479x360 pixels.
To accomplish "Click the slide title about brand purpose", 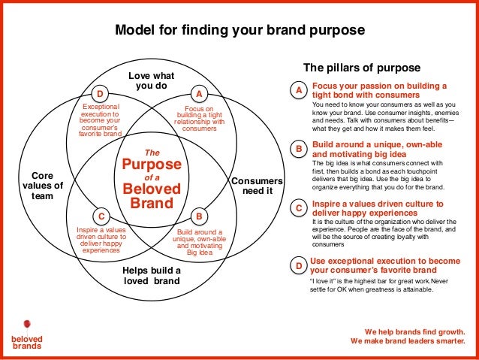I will click(x=239, y=31).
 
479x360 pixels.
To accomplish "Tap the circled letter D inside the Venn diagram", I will click(x=98, y=94).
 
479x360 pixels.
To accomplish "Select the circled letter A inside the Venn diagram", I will click(x=199, y=94).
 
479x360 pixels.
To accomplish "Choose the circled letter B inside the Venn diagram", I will click(x=199, y=214).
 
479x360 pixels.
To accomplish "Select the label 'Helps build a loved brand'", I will click(x=152, y=276).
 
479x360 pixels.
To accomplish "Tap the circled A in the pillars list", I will click(x=299, y=91).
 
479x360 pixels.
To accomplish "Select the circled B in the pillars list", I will click(x=299, y=150).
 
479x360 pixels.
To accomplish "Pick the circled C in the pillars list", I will click(x=299, y=208).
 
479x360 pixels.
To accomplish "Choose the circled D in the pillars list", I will click(x=299, y=266).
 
